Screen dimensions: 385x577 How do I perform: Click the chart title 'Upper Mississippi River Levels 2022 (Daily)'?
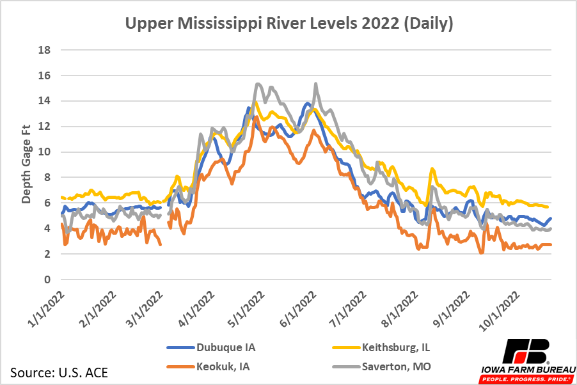[x=289, y=24]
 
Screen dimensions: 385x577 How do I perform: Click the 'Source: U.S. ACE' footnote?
[x=59, y=372]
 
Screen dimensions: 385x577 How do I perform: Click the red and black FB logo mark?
[x=526, y=350]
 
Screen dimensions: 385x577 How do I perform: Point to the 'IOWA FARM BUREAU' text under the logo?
[x=526, y=369]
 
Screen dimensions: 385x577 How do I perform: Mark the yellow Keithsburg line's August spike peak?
[x=433, y=169]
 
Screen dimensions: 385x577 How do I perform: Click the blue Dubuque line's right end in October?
[x=550, y=219]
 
